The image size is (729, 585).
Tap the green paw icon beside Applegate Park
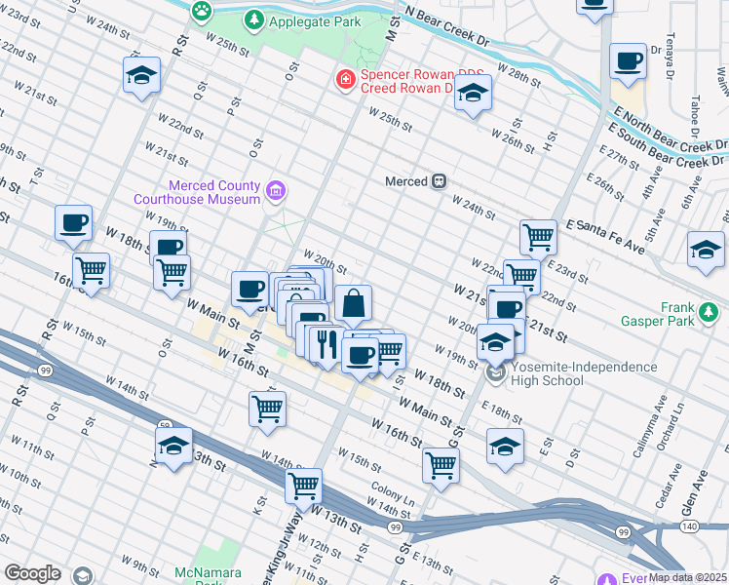[202, 12]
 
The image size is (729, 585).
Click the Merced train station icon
[440, 181]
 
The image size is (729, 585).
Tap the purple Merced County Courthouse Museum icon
[277, 191]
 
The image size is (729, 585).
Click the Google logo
[32, 573]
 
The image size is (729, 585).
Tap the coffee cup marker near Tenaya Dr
[628, 61]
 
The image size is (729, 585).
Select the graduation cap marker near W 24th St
[141, 75]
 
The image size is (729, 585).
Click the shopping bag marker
[353, 304]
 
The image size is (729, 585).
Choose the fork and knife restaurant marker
[326, 344]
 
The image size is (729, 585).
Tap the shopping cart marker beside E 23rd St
[538, 236]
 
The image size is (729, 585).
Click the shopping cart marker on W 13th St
[304, 486]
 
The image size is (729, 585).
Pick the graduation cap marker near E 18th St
[505, 448]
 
